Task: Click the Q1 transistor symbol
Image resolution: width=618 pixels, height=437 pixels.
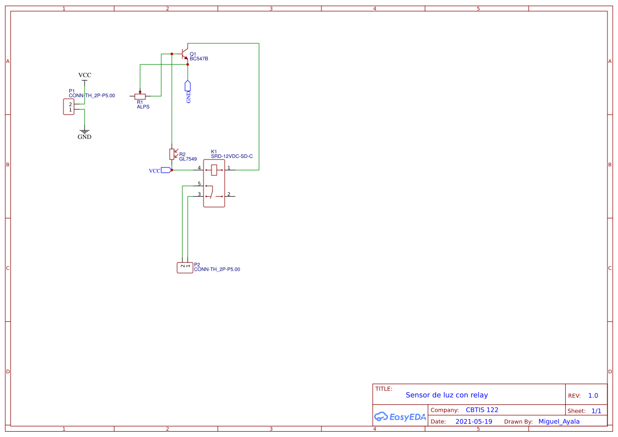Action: (x=185, y=53)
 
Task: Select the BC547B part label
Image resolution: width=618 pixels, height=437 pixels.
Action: (x=199, y=59)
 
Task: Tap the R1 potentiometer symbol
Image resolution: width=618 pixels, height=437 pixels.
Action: (x=140, y=96)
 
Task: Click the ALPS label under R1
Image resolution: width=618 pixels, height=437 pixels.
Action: (x=143, y=107)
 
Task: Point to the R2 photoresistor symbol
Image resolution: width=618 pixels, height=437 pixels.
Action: (x=172, y=154)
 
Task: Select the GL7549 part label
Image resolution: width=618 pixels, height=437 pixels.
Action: (x=188, y=159)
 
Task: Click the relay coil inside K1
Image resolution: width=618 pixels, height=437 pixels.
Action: (x=214, y=170)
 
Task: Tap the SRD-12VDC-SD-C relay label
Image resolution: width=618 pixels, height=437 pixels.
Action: (x=232, y=156)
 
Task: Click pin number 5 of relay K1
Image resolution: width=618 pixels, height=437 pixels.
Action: (x=199, y=184)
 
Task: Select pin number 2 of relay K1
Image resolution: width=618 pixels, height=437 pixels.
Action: (x=229, y=194)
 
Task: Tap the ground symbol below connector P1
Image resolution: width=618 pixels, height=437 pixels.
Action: (x=85, y=130)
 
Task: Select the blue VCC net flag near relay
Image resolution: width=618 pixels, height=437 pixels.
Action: (x=166, y=170)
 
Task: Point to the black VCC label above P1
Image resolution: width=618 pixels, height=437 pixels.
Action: (x=85, y=75)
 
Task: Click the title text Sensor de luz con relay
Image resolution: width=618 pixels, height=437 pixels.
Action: (x=447, y=395)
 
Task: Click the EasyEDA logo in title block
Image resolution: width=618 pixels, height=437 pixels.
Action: (x=400, y=416)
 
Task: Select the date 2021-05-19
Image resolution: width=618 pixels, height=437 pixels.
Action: (x=474, y=422)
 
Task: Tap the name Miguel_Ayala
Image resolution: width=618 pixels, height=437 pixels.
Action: (x=559, y=421)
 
